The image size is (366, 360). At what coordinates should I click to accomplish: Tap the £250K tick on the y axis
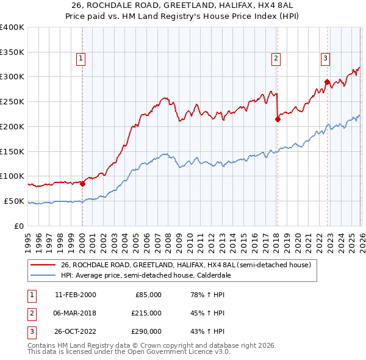[12, 102]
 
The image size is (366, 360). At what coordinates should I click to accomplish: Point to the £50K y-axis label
[14, 201]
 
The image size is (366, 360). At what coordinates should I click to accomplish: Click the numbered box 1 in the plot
[81, 59]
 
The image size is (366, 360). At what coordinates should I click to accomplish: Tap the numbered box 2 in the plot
[276, 59]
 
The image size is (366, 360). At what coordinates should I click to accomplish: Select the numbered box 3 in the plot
[326, 59]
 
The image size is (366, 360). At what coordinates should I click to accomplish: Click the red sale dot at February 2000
[83, 184]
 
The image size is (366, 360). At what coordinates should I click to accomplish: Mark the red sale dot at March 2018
[278, 119]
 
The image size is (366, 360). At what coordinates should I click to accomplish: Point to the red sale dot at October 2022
[328, 82]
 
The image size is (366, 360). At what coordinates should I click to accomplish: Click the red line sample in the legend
[44, 265]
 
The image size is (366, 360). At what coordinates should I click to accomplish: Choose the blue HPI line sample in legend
[44, 276]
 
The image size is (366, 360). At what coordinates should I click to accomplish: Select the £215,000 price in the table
[147, 313]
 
